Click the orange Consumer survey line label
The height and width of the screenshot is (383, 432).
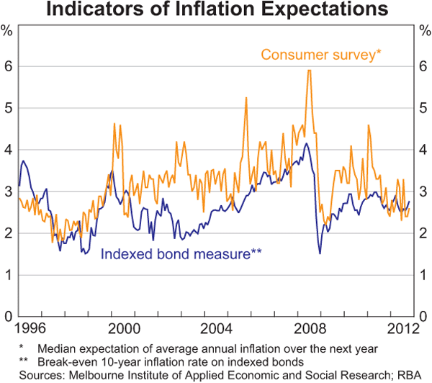[318, 55]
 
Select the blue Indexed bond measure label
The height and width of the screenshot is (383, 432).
[181, 253]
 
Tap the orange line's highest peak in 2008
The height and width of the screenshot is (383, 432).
[309, 71]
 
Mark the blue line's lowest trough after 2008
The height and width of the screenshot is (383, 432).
[320, 253]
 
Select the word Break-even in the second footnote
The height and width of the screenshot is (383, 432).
[70, 360]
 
